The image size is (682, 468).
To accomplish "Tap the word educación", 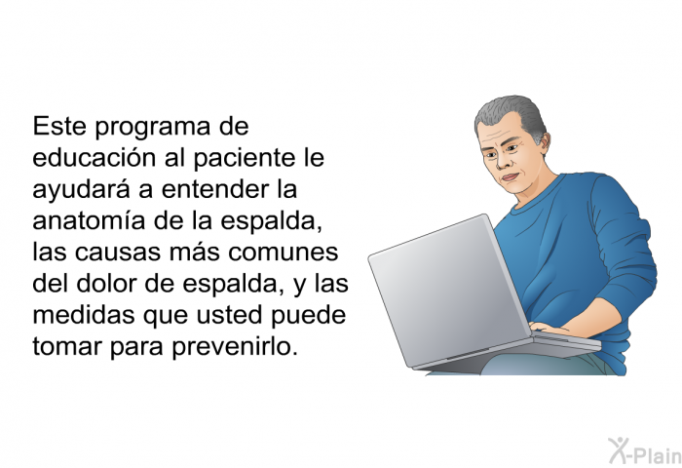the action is (94, 157).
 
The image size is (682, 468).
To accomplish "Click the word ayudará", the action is (81, 190).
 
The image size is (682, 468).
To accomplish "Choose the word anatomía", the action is (89, 220).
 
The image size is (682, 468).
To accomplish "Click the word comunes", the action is (284, 253).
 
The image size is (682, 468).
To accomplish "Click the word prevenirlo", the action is (235, 347).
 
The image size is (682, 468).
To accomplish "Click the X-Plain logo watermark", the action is (645, 451).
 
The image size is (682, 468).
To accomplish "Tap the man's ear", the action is (544, 142).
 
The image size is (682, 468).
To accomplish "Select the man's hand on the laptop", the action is (549, 328).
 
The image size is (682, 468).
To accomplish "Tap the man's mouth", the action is (511, 176).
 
